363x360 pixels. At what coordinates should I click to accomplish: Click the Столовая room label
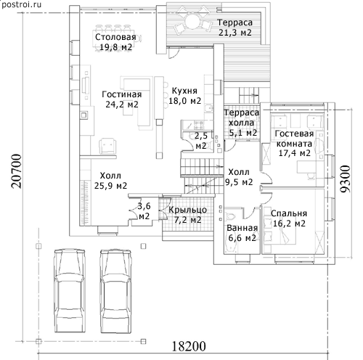(x=115, y=42)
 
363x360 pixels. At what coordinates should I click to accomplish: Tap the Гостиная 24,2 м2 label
(x=122, y=99)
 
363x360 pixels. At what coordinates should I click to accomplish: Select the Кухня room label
(x=184, y=96)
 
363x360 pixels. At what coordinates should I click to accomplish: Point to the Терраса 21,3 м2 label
(x=235, y=28)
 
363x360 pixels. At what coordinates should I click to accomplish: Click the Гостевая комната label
(x=294, y=143)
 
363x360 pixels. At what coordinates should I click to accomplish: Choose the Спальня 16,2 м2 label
(x=289, y=218)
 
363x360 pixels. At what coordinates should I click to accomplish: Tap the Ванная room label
(x=242, y=233)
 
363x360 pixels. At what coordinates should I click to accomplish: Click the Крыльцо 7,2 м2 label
(x=188, y=215)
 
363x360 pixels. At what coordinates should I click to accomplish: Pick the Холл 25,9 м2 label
(x=110, y=181)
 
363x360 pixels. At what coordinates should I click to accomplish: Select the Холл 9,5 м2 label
(x=239, y=177)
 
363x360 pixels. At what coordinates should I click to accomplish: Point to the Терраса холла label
(x=242, y=123)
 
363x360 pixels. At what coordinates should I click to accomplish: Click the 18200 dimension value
(x=189, y=346)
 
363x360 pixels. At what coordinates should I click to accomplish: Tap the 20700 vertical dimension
(x=17, y=171)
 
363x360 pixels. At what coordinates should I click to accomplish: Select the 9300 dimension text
(x=345, y=179)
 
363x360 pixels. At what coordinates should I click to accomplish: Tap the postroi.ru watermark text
(x=21, y=4)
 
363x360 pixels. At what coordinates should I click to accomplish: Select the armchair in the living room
(x=107, y=146)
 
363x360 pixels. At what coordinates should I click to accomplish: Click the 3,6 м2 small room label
(x=144, y=211)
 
